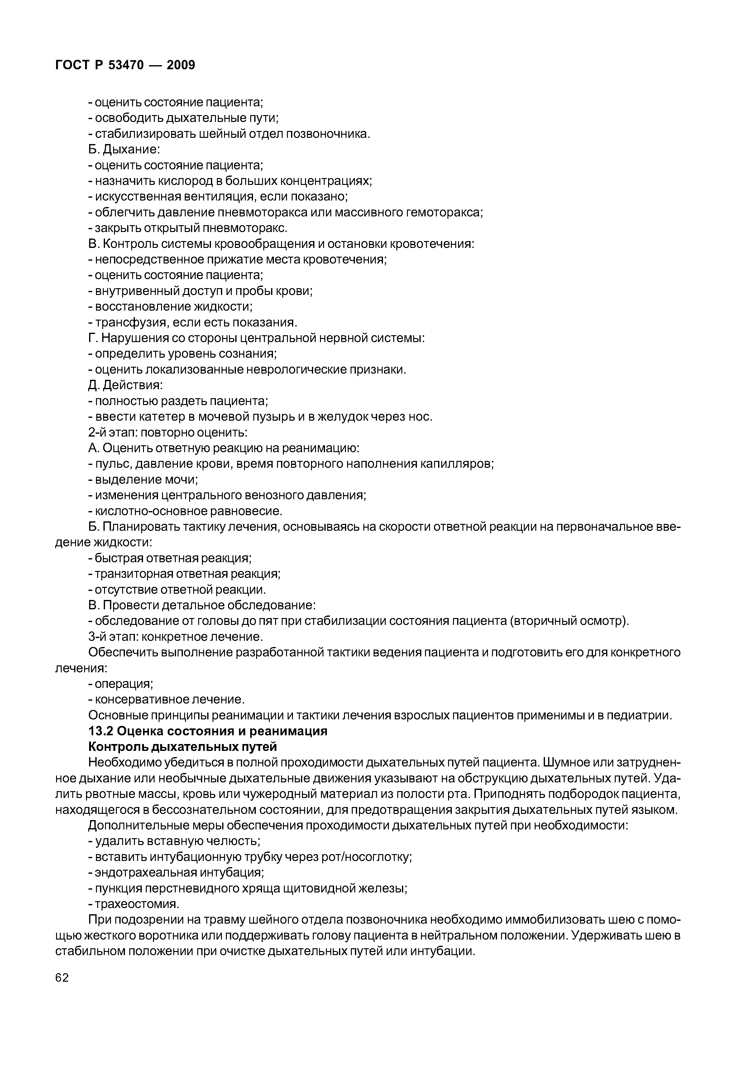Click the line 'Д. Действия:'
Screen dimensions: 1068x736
125,385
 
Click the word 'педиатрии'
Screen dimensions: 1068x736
639,715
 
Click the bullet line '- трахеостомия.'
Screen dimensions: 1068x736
133,904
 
